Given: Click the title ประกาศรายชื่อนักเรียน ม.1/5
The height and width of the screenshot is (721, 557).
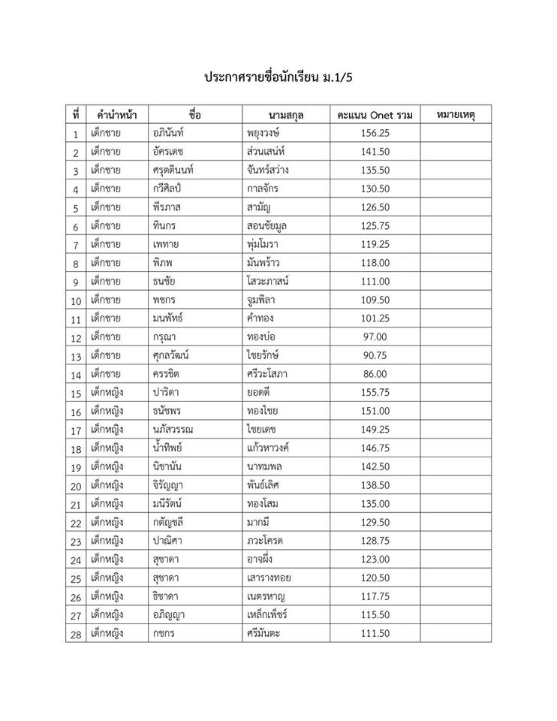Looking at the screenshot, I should click(x=278, y=77).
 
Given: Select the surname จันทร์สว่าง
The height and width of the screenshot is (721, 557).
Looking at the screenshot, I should click(x=268, y=170).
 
